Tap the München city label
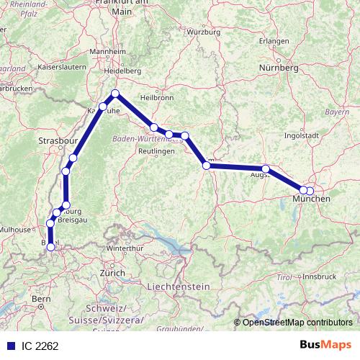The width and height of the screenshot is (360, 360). click(316, 198)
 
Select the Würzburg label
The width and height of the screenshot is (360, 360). click(203, 32)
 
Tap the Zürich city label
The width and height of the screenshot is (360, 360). click(113, 273)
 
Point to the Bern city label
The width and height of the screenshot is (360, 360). click(40, 298)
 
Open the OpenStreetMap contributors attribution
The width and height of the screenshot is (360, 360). click(297, 322)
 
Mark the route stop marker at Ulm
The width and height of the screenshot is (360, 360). click(207, 166)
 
